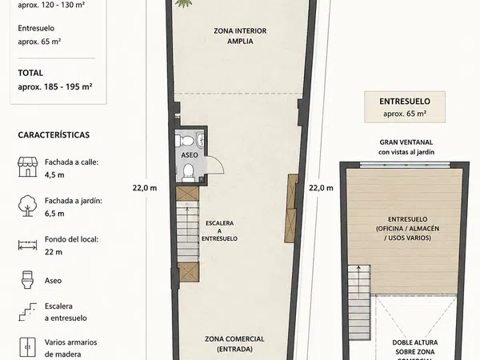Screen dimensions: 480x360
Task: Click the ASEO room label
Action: click(189, 155)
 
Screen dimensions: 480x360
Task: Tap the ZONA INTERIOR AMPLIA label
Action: click(240, 36)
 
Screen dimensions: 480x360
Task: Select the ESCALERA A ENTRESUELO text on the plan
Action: click(219, 231)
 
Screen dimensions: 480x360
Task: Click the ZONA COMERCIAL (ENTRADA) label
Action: click(234, 344)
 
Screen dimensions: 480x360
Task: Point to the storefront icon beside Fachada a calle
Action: click(27, 167)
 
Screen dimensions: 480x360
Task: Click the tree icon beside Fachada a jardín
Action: click(27, 206)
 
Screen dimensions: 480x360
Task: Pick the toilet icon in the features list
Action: click(27, 280)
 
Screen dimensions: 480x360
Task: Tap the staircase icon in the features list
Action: click(27, 312)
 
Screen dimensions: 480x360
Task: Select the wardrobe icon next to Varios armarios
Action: click(27, 347)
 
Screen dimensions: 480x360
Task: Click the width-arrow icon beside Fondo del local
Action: click(27, 245)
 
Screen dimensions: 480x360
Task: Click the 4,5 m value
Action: click(54, 175)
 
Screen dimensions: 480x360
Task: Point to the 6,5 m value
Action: click(54, 214)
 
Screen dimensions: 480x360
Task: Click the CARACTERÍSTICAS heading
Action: click(54, 135)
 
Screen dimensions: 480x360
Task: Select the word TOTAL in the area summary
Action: click(30, 73)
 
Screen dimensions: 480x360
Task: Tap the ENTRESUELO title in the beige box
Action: click(405, 102)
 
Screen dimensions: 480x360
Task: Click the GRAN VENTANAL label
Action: click(406, 142)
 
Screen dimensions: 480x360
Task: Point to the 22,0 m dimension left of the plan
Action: click(145, 188)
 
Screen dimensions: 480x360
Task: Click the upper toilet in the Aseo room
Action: click(186, 141)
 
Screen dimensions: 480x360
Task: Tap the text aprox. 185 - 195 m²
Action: click(55, 87)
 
